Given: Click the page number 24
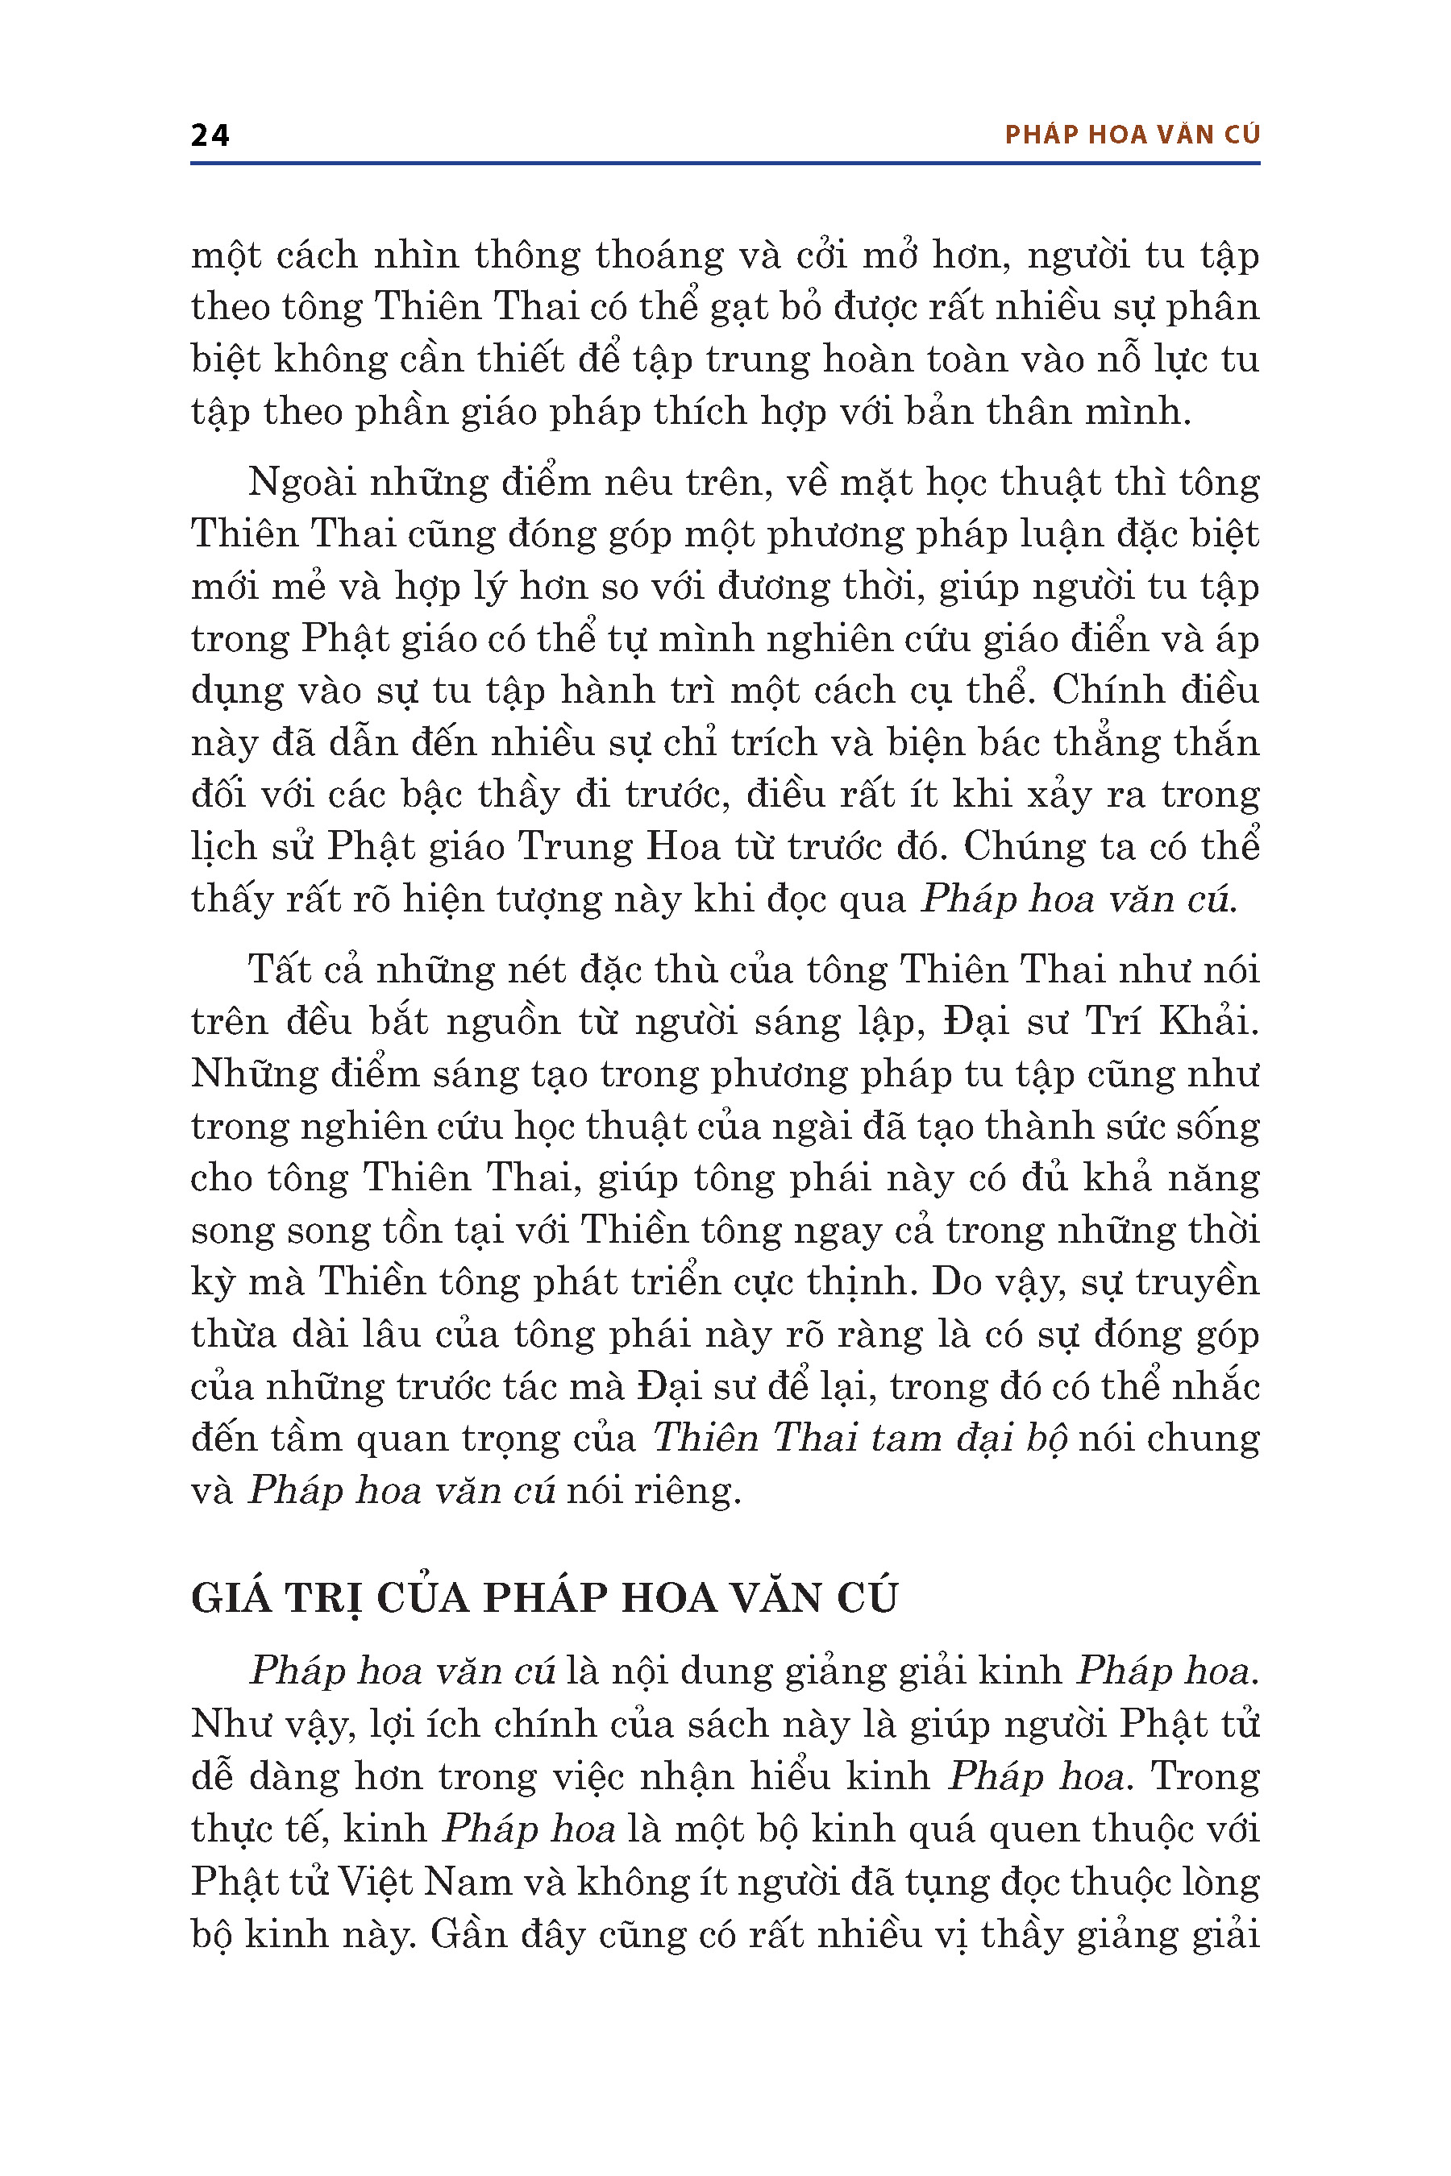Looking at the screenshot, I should (x=210, y=135).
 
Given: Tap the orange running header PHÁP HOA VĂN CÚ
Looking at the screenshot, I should (x=1132, y=135).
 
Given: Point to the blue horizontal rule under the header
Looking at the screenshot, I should (x=725, y=164).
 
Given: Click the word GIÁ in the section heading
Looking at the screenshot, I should (x=231, y=1599).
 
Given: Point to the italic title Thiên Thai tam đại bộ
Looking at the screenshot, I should (x=861, y=1438).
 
